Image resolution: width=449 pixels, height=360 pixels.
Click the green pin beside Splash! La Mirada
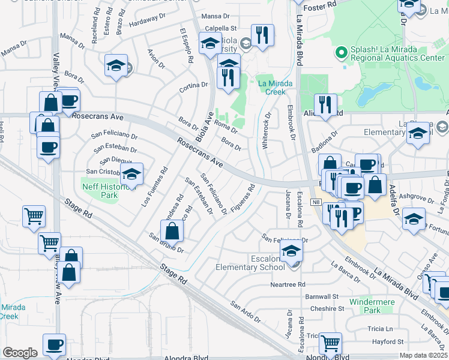[342, 52]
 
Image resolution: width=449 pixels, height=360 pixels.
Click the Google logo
[20, 353]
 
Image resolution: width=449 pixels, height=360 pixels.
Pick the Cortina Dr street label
[193, 88]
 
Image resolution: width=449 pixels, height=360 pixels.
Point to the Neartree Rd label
[288, 284]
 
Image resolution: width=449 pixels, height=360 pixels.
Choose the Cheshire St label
[327, 309]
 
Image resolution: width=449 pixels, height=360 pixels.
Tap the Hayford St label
[384, 341]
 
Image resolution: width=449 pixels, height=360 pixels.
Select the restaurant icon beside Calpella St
[262, 35]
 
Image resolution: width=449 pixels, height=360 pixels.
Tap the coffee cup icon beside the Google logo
[55, 344]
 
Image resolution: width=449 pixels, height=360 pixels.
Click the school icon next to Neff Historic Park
[131, 174]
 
